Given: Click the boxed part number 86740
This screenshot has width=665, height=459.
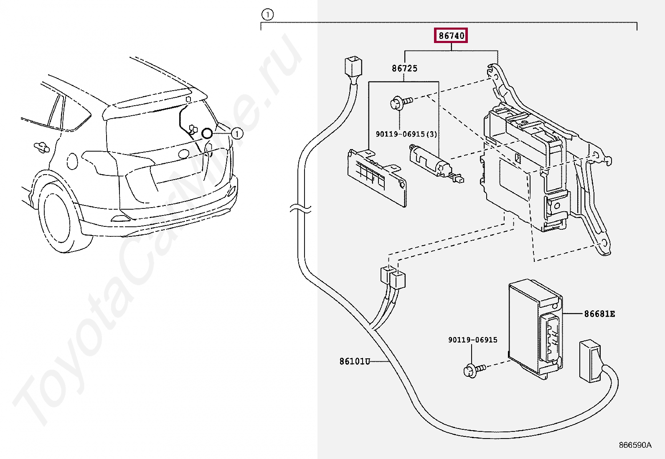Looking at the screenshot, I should point(451,36).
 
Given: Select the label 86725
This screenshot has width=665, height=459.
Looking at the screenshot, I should point(404,68).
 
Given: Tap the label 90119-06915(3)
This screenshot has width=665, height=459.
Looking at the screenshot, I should point(406,134).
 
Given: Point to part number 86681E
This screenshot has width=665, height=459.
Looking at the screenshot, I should point(599,314).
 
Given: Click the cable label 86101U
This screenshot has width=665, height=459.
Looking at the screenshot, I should point(354,361).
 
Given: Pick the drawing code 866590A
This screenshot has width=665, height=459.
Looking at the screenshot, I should point(635,445).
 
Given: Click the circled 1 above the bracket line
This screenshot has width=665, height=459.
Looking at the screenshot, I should point(267,15).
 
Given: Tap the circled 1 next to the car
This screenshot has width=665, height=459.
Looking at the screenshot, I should point(237,134).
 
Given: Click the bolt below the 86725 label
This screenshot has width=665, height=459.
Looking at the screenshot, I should point(400,102).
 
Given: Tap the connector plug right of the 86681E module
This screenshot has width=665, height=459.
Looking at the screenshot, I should point(589,361).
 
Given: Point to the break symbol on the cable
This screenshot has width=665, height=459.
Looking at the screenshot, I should point(300,208).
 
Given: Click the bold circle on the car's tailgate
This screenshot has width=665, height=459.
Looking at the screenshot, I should point(207,133).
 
